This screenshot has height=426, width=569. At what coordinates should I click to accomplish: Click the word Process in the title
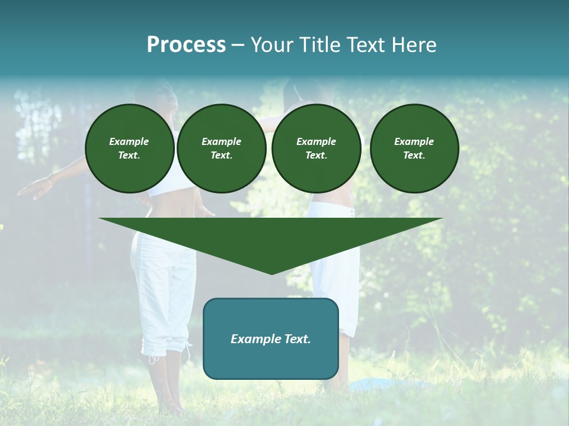point(186,45)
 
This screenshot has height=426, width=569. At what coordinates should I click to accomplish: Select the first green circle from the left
point(130,148)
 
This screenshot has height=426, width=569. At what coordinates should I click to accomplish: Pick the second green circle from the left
point(222,148)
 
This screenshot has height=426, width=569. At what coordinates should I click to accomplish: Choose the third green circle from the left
point(317,148)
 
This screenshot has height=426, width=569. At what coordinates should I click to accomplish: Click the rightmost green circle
point(414,148)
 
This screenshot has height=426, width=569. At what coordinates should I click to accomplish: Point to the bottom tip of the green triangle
point(271,273)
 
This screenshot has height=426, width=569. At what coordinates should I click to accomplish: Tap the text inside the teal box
point(271,339)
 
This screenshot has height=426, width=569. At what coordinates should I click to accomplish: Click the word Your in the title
point(273,45)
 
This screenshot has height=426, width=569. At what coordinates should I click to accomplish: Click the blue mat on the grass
point(379,385)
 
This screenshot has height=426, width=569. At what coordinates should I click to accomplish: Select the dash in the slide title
point(238,45)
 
